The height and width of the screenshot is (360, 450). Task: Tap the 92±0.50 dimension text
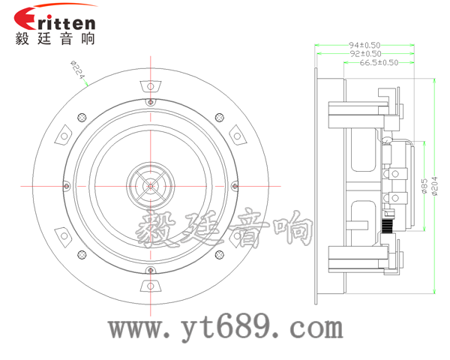[364, 53]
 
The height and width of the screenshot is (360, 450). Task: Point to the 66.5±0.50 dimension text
[379, 63]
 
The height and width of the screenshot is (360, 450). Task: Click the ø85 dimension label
[424, 185]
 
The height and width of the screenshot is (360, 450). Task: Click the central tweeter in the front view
[151, 184]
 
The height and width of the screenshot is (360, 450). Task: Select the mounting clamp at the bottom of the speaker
[151, 286]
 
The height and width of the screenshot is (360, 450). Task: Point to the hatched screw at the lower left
[82, 253]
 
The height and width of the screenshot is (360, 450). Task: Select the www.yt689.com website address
[225, 328]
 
